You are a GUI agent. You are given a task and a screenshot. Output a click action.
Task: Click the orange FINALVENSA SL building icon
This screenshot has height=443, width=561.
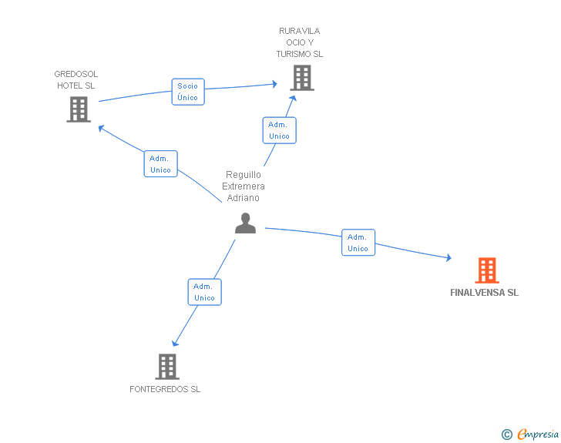tap(487, 270)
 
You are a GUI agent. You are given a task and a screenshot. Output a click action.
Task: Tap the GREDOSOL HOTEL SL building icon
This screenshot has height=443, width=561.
tap(79, 109)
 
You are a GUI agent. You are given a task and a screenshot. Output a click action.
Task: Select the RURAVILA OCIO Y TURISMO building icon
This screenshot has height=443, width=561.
tap(302, 78)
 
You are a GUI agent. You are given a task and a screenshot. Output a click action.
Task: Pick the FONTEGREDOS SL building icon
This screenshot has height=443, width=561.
tap(167, 367)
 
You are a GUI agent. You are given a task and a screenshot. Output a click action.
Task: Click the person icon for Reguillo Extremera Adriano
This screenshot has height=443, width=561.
tap(245, 223)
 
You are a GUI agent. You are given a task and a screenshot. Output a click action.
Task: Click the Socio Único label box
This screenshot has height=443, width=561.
tap(187, 92)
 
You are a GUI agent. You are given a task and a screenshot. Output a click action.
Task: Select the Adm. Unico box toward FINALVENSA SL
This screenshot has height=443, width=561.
tap(358, 243)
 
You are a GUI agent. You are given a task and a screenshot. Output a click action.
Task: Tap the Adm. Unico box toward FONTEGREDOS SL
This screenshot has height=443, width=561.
tap(204, 292)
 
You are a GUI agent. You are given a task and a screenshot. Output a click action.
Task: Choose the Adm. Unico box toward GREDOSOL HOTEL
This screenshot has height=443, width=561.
tap(160, 164)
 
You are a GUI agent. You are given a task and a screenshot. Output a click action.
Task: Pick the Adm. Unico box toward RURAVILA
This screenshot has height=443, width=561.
tap(279, 130)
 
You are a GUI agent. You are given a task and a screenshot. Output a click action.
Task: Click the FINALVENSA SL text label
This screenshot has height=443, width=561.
tap(484, 293)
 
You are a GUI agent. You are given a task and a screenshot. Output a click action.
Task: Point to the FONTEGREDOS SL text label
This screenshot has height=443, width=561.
tap(165, 389)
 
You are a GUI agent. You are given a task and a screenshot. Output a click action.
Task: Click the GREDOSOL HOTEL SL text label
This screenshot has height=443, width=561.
tap(76, 80)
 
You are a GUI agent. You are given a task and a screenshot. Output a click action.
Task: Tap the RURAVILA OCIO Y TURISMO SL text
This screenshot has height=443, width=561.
tap(300, 43)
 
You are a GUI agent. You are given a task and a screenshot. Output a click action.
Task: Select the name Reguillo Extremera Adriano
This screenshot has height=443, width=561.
tap(244, 186)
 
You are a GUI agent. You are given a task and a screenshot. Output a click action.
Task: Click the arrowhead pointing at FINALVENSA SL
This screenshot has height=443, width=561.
tap(448, 258)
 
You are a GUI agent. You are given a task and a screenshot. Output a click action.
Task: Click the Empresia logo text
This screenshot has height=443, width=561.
tap(538, 435)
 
